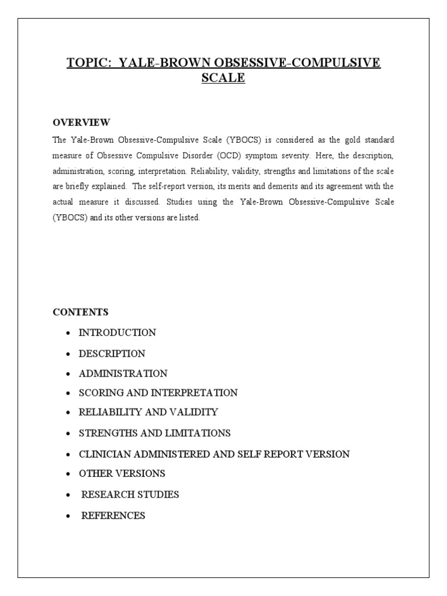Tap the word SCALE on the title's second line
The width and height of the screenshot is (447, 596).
(223, 78)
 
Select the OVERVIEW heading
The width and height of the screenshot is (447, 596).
(81, 122)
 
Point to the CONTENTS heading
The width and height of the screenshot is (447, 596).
(80, 312)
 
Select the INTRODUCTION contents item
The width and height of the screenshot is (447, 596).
(117, 333)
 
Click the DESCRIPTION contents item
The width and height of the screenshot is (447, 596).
(112, 353)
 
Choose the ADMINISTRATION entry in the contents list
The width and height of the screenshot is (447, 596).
(123, 373)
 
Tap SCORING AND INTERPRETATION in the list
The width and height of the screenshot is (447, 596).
(158, 393)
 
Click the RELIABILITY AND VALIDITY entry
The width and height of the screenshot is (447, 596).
(148, 412)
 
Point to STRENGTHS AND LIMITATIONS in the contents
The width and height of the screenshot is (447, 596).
(155, 433)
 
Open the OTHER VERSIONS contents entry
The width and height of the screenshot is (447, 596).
(122, 473)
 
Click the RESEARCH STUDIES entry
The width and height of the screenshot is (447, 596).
(130, 495)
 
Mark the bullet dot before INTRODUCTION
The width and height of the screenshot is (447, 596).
(69, 334)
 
